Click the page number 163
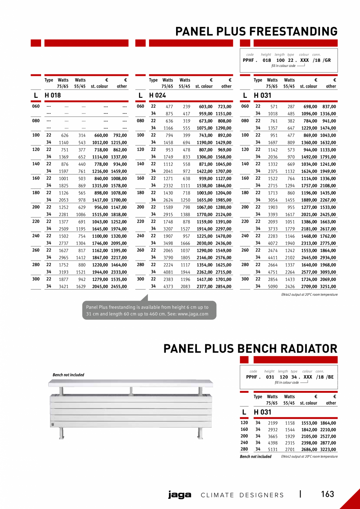328,494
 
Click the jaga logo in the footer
180,495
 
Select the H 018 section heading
53,95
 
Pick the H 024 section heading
158,95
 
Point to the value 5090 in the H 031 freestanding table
273,286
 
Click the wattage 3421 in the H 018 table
63,286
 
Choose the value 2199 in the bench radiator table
273,423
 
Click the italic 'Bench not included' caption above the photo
68,375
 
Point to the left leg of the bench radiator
61,433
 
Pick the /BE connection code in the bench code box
330,377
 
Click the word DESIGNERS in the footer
262,495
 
